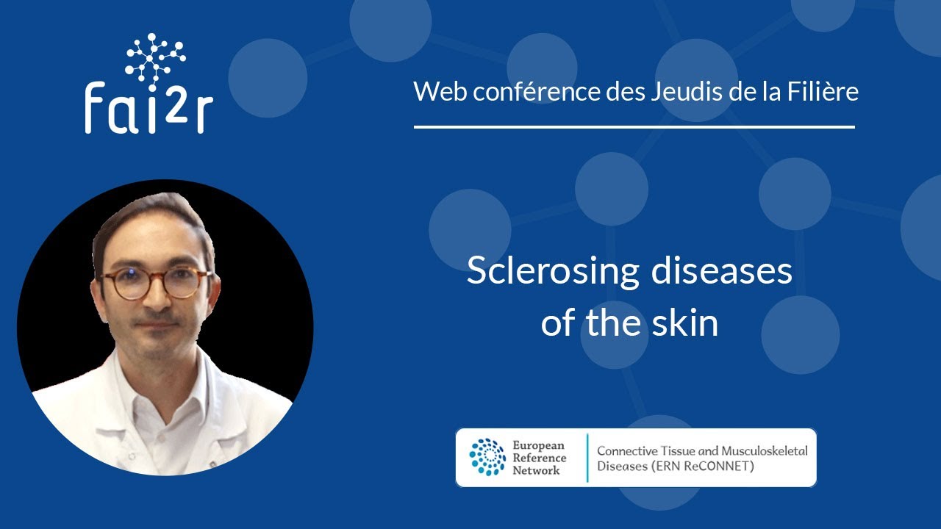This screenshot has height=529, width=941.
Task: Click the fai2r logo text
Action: (x=149, y=108)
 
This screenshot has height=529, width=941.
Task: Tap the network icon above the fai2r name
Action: (x=154, y=56)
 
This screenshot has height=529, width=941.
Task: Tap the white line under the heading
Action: (x=634, y=127)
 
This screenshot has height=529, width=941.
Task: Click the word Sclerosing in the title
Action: (x=554, y=272)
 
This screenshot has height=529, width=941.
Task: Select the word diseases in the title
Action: (x=721, y=272)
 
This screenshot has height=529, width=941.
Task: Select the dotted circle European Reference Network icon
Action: (x=487, y=457)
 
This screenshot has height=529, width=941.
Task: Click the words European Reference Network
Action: (x=538, y=457)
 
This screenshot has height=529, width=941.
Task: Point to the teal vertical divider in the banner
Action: (x=587, y=457)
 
